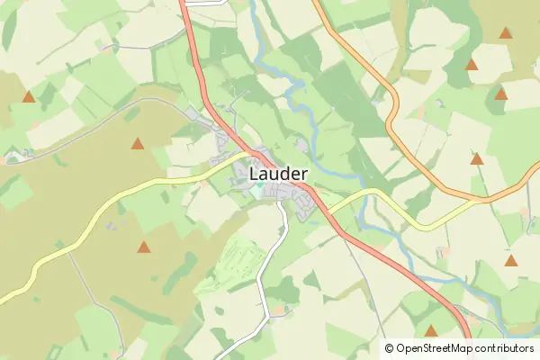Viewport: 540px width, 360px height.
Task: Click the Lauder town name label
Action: point(278,173)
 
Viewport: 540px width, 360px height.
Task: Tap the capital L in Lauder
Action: point(254,173)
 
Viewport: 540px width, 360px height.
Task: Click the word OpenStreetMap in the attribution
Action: point(440,348)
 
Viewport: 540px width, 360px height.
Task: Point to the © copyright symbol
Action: point(389,348)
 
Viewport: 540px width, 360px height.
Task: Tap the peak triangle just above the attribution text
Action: point(431,331)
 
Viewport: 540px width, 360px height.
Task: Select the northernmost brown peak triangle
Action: point(506,33)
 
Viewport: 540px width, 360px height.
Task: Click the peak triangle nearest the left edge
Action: point(29,96)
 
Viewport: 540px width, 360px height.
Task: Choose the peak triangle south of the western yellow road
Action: point(143,247)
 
